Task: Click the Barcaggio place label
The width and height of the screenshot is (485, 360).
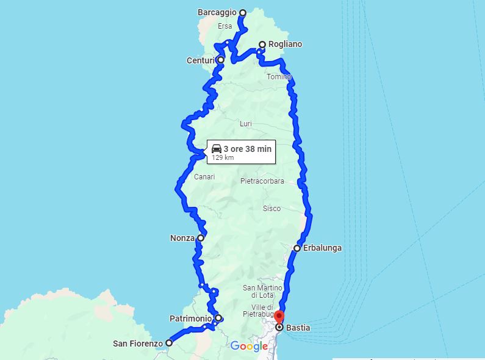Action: click(x=217, y=12)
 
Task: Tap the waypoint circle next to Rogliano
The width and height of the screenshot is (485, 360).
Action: click(x=262, y=45)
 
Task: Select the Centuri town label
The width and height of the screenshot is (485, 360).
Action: click(x=201, y=60)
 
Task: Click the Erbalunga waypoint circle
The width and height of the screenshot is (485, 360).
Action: click(x=297, y=248)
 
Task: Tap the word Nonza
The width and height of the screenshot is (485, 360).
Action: click(x=182, y=238)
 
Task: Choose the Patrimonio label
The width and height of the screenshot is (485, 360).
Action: click(x=191, y=319)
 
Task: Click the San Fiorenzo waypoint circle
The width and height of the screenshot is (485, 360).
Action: click(x=169, y=343)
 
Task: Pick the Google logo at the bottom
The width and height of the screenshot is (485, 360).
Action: click(x=249, y=347)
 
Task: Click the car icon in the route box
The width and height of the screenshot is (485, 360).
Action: click(x=217, y=148)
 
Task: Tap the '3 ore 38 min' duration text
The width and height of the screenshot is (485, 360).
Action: click(x=248, y=148)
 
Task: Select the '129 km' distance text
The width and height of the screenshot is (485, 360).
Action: click(x=223, y=157)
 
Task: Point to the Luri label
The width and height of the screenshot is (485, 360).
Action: click(x=246, y=124)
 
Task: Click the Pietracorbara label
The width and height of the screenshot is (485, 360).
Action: click(x=262, y=181)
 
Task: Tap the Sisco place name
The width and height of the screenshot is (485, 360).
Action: click(x=271, y=209)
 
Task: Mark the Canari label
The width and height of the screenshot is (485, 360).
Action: click(x=204, y=177)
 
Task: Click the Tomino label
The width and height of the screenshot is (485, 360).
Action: click(x=278, y=77)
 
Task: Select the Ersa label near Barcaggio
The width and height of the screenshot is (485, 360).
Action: click(x=225, y=26)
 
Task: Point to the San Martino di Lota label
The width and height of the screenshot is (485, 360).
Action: click(x=262, y=292)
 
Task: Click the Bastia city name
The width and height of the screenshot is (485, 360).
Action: click(x=298, y=328)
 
